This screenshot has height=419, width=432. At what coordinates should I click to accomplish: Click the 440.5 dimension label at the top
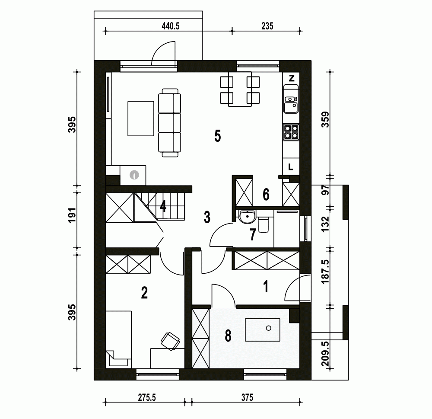pos(171,26)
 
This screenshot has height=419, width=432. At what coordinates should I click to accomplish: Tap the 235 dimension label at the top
pos(267,26)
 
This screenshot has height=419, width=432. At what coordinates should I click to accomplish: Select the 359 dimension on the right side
pos(325,119)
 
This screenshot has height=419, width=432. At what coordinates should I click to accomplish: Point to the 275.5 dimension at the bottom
pos(147,397)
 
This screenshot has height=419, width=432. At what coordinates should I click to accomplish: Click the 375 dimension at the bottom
pos(247,397)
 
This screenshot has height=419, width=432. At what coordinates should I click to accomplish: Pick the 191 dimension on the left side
pos(72,215)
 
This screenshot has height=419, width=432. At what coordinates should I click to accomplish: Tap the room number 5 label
pos(218,136)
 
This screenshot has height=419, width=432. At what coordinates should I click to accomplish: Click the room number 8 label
pos(228,336)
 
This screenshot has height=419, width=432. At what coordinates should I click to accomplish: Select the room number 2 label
pos(144,293)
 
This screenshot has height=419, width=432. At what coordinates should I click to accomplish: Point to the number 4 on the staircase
pos(163,206)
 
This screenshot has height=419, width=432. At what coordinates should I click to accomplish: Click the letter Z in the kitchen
pos(292,78)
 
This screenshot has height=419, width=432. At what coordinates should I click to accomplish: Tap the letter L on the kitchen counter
pos(290,167)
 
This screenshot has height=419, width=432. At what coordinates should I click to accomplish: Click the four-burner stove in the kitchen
pos(291,131)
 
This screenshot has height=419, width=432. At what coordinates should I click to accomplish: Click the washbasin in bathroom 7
pos(247,216)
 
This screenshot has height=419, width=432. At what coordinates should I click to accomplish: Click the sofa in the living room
pos(169,123)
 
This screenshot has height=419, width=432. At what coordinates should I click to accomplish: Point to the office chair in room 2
pos(171,341)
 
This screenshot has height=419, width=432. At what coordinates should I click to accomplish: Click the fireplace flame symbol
pos(134,175)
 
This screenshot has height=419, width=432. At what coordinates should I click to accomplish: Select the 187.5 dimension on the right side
pos(325,272)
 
